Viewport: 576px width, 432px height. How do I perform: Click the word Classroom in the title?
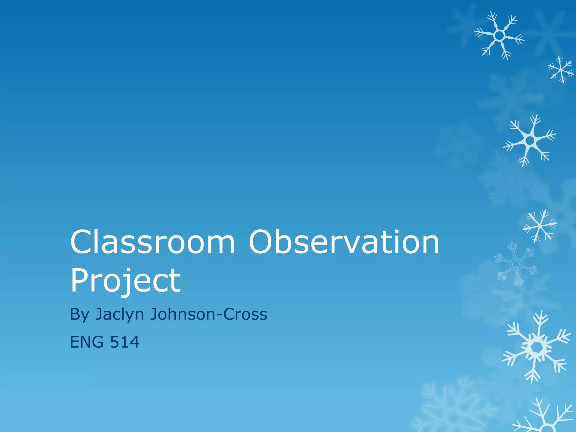pyautogui.click(x=152, y=242)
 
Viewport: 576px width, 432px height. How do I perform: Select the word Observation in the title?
pyautogui.click(x=344, y=242)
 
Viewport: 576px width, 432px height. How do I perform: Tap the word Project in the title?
pyautogui.click(x=125, y=280)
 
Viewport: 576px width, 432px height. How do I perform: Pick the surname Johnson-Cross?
pyautogui.click(x=208, y=314)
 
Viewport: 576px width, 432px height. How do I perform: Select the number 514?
pyautogui.click(x=125, y=342)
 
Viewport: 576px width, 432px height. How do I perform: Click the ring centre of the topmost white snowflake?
pyautogui.click(x=499, y=36)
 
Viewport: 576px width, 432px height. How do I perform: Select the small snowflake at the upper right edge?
pyautogui.click(x=561, y=69)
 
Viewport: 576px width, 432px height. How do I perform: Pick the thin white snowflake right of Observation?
pyautogui.click(x=540, y=226)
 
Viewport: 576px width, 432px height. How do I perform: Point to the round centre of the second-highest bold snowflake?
pyautogui.click(x=530, y=140)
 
